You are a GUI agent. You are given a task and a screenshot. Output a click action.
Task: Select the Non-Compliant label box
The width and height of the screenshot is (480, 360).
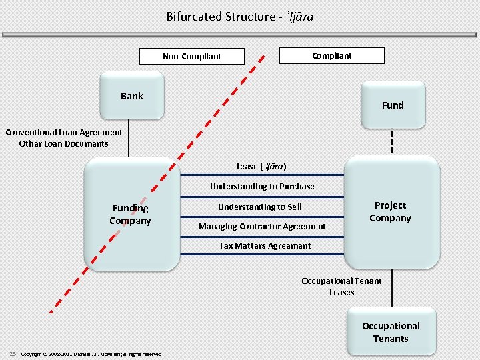[x=191, y=56]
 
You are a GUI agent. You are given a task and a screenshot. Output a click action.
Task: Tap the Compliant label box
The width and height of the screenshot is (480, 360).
[x=331, y=55]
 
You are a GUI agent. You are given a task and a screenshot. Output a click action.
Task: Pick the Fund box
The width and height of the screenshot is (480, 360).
[x=393, y=105]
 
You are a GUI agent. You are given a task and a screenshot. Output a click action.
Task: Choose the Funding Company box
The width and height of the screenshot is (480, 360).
[x=131, y=214]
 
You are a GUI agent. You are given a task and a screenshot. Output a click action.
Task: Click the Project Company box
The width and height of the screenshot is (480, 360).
[x=391, y=211]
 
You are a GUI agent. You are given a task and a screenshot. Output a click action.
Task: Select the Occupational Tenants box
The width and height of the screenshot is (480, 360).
[x=391, y=332]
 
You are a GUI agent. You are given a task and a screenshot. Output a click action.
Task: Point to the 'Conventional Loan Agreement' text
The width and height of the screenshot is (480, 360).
[x=64, y=132]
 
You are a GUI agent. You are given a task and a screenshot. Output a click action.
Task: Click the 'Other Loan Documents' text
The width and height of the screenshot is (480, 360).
[x=64, y=143]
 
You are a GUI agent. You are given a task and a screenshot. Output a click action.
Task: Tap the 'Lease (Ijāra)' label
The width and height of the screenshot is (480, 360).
[x=262, y=166]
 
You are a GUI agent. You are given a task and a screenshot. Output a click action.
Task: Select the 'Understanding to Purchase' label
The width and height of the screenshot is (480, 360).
[x=262, y=186]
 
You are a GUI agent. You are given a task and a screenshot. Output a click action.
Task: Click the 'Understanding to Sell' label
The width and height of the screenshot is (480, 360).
[x=259, y=207]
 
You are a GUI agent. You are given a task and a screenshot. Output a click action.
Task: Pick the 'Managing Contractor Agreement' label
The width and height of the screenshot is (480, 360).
[x=262, y=227]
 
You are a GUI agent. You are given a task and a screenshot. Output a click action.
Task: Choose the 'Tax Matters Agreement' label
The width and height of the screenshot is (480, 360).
[x=265, y=246]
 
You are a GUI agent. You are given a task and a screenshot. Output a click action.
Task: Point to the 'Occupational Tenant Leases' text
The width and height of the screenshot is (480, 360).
[x=341, y=287]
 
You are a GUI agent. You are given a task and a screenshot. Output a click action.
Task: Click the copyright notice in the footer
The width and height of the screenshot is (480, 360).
[x=91, y=354]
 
